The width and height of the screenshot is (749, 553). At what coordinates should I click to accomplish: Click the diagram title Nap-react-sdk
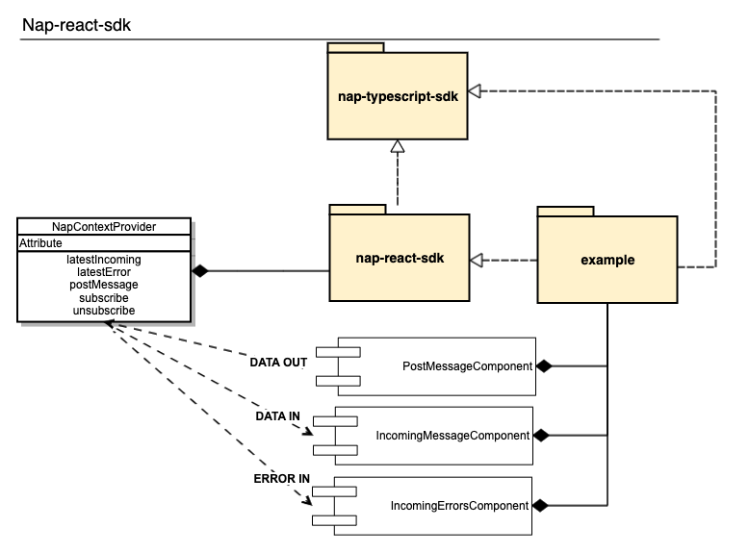coord(76,25)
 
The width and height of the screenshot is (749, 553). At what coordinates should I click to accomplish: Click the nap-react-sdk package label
coord(399,260)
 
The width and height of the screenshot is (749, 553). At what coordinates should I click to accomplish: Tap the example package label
coord(607,260)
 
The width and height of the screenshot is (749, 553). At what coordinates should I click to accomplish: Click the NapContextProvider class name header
coord(104,227)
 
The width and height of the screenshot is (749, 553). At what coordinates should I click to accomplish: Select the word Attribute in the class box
coord(41,244)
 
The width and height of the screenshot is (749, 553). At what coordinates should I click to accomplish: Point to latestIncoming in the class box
coord(104,260)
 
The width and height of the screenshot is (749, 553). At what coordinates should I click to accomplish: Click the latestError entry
coord(104,272)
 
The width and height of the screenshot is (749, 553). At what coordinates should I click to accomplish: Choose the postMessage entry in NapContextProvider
coord(104,285)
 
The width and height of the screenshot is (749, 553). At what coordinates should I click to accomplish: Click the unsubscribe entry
coord(104,311)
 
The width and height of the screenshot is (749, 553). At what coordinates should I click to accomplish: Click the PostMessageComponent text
coord(468,366)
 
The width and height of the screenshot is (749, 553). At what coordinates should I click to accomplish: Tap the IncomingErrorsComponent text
coord(459,505)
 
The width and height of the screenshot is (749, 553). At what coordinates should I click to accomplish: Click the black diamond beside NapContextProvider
coord(199,271)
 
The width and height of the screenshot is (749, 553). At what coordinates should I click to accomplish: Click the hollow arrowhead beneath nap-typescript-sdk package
coord(396,145)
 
